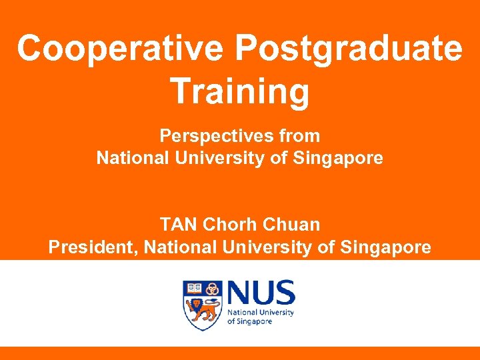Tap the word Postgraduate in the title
click(x=349, y=48)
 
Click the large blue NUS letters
click(x=261, y=293)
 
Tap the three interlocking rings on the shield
click(x=213, y=289)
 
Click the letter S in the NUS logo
click(x=283, y=293)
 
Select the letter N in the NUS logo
click(x=239, y=293)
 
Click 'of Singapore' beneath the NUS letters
click(x=250, y=321)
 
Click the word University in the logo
click(x=275, y=312)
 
